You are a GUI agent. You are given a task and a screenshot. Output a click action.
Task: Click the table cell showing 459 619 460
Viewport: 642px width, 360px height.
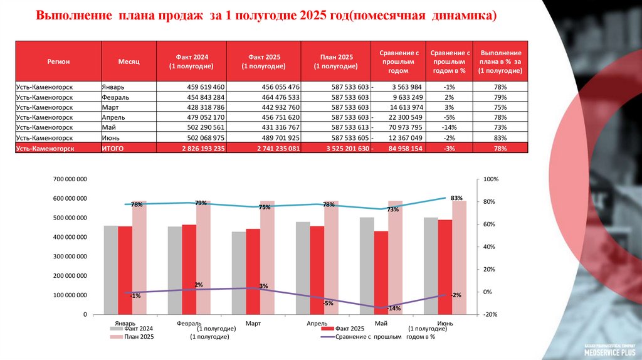[206, 87]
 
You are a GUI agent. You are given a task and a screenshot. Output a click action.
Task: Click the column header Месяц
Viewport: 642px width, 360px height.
[129, 61]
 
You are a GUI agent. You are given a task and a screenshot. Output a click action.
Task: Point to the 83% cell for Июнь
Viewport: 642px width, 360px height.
[500, 137]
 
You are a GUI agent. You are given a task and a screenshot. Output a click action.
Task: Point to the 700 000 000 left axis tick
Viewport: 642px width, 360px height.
[70, 180]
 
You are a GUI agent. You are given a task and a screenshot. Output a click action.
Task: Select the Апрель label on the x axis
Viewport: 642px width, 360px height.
[317, 324]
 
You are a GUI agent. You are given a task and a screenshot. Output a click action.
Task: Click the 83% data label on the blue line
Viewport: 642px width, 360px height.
[456, 198]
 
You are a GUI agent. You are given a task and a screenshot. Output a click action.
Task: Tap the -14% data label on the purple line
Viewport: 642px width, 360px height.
[394, 308]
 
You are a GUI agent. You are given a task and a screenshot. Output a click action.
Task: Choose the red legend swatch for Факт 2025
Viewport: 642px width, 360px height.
[325, 329]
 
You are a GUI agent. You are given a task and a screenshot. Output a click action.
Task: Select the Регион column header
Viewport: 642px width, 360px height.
[58, 61]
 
